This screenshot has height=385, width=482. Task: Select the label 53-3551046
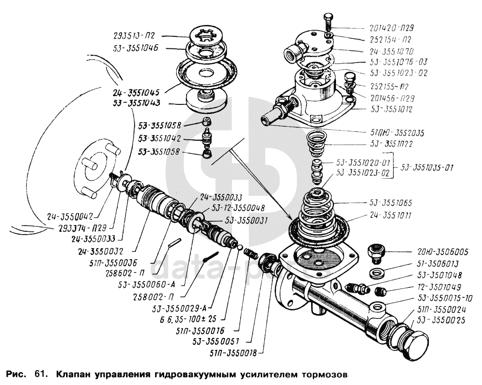136,48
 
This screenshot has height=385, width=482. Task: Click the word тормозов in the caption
317,374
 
